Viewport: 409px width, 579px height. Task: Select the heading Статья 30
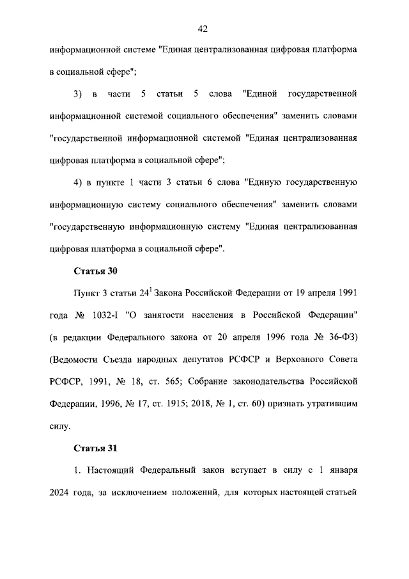coord(95,271)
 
